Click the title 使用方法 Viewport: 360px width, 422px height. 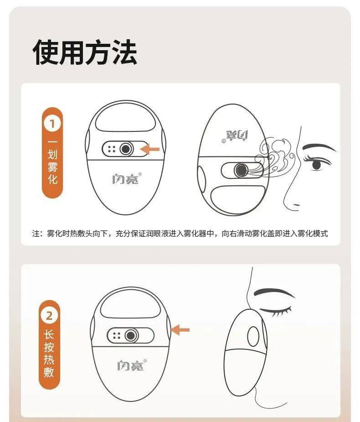tap(85, 52)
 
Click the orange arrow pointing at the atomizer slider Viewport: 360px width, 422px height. tap(150, 149)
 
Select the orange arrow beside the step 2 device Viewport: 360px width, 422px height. tap(180, 330)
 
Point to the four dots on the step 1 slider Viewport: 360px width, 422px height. tap(112, 149)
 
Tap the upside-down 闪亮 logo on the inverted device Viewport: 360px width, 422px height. tap(235, 136)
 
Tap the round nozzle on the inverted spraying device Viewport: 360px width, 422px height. tap(241, 170)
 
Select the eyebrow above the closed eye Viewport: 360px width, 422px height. tap(274, 292)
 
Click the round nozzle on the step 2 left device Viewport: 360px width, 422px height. tap(131, 335)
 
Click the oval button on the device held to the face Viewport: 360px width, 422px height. tap(253, 336)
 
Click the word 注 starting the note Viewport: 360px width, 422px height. tap(36, 233)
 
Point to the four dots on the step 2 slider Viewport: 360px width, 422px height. tap(117, 335)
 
